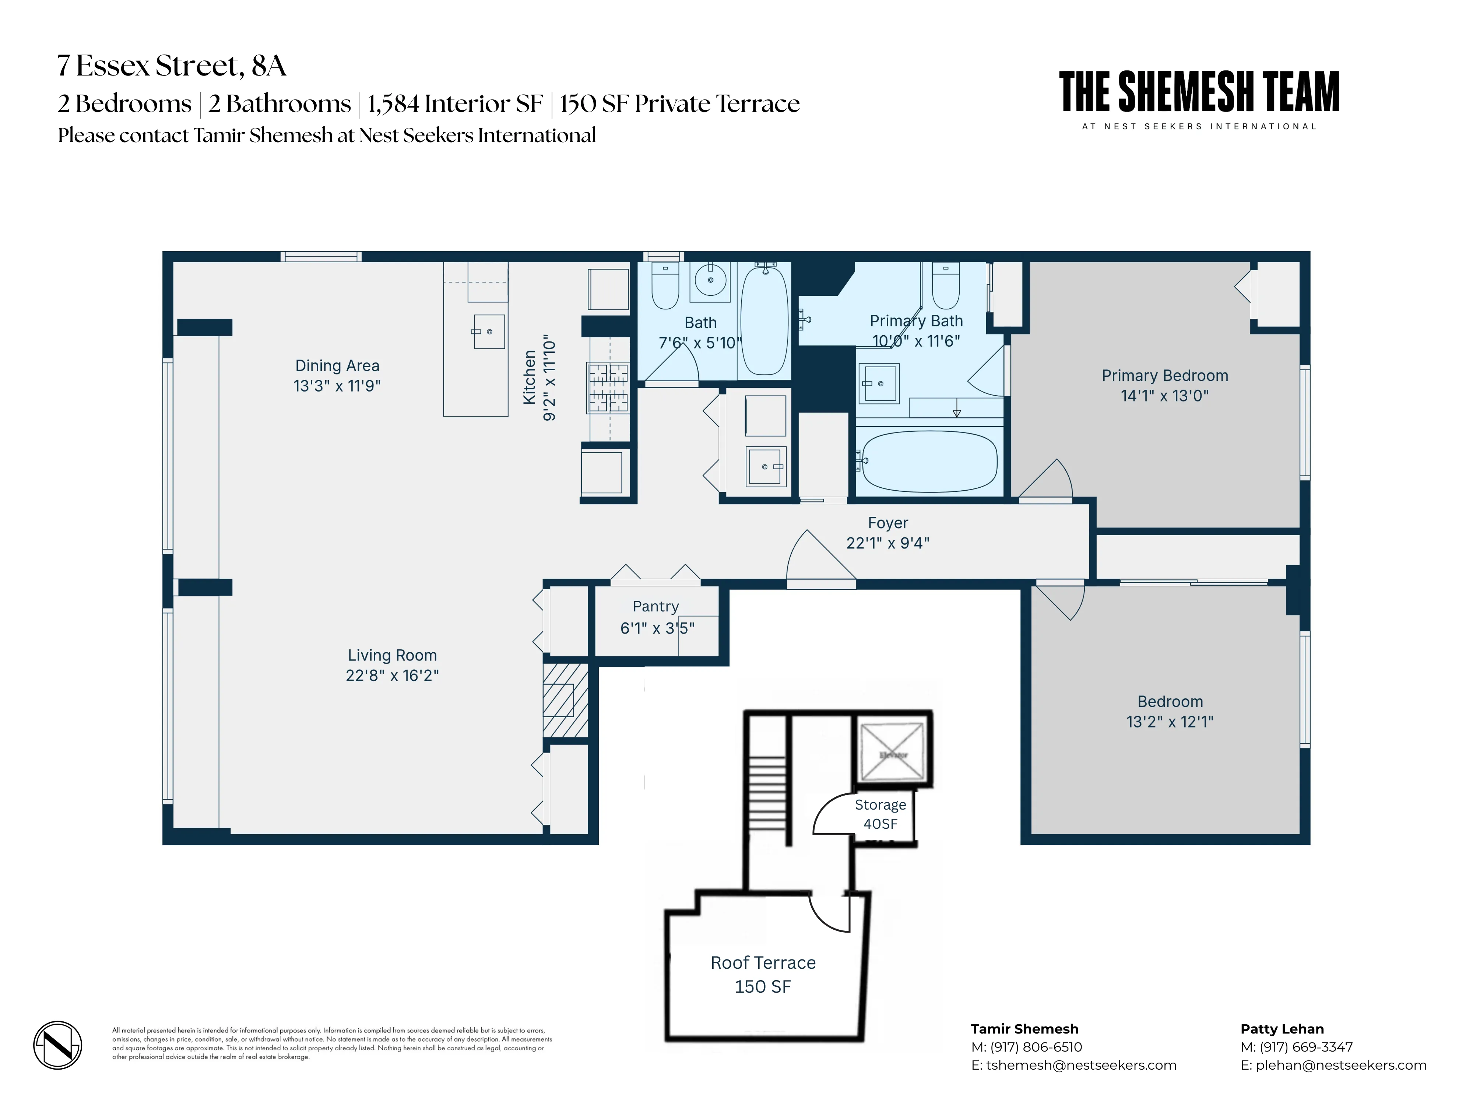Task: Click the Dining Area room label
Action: click(337, 366)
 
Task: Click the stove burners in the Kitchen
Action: click(607, 387)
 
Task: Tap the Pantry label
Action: click(656, 606)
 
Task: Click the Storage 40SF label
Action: click(880, 814)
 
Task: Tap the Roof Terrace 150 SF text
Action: click(763, 974)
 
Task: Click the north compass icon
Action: click(58, 1044)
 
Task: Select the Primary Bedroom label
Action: click(1165, 376)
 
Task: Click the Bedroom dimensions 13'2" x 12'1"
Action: click(1170, 722)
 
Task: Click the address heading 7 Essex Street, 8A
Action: click(172, 65)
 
